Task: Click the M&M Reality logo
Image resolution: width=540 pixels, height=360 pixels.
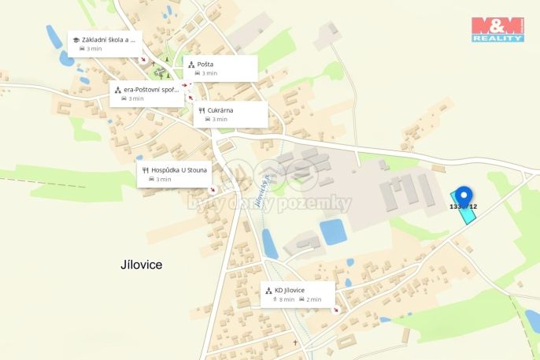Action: point(497,29)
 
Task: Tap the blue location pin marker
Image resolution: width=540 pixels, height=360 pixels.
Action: point(464,196)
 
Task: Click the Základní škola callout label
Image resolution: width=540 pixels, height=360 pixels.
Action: point(109,39)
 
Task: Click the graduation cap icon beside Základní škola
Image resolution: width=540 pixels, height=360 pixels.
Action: point(76,39)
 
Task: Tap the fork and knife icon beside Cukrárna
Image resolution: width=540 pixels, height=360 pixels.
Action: point(202,110)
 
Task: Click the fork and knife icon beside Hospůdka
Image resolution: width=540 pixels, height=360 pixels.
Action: point(146,169)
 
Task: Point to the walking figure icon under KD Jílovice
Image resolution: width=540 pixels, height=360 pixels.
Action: point(275,299)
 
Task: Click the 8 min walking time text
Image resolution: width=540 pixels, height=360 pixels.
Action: point(287,299)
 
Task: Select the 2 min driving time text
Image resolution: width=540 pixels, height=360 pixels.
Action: point(314,299)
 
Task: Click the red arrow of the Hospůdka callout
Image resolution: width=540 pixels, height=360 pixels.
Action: point(211,189)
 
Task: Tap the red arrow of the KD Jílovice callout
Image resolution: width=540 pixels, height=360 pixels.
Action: point(337,310)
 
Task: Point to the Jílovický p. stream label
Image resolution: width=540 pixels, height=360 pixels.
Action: point(261,192)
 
